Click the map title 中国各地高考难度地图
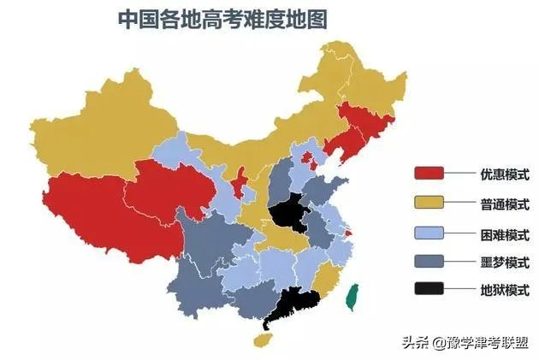(x=222, y=19)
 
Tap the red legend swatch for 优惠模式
(x=429, y=174)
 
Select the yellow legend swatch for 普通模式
(x=429, y=204)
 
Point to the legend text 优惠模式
(x=504, y=174)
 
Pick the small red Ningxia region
(x=242, y=180)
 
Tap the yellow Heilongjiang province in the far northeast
(x=359, y=77)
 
